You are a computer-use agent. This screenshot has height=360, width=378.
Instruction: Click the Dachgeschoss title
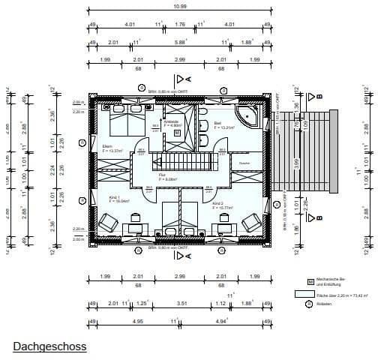(x=49, y=346)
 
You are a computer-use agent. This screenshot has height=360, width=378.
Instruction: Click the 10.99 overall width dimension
(x=180, y=6)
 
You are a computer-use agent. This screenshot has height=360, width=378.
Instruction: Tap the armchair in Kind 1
(x=107, y=223)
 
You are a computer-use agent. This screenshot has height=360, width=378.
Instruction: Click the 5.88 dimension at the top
(x=180, y=42)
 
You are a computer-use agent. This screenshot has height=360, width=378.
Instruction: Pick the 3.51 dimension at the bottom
(x=180, y=304)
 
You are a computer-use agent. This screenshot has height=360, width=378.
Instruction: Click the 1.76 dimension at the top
(x=180, y=24)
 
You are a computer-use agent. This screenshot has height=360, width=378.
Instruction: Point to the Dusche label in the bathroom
(x=244, y=163)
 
